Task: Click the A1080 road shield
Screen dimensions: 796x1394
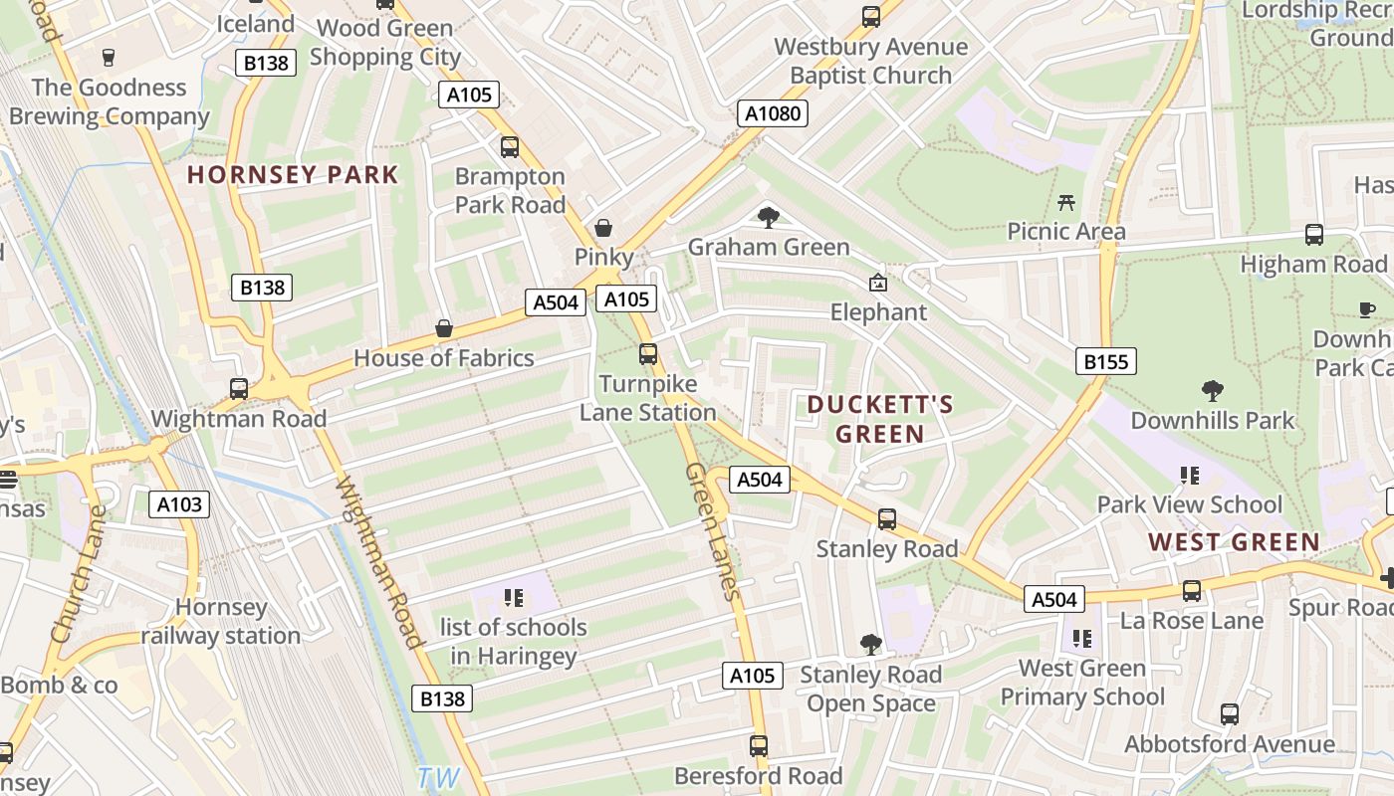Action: pos(773,113)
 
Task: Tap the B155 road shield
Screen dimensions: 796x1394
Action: pos(1105,361)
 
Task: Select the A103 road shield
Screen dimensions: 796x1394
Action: pos(180,504)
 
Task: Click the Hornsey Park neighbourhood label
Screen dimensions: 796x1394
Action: pos(293,175)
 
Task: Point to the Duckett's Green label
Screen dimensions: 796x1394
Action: pos(880,419)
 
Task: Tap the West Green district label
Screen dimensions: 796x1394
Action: pos(1234,542)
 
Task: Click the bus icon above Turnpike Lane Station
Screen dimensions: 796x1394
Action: pos(648,353)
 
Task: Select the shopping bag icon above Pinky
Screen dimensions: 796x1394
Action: pos(602,228)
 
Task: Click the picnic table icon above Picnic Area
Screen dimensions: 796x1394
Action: pos(1066,203)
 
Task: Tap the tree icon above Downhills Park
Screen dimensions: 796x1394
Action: pos(1212,390)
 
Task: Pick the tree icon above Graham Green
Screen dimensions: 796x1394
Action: pos(768,217)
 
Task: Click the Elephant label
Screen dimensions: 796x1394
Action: pos(878,311)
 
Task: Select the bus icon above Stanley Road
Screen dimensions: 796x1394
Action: pos(886,518)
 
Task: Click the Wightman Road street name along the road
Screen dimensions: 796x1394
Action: pos(379,562)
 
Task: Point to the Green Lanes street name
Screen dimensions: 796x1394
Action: pos(713,531)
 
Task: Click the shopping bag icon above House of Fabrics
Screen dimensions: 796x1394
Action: pos(444,328)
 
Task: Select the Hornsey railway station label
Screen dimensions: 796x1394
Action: pos(221,621)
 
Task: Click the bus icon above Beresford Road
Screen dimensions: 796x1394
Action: pos(759,745)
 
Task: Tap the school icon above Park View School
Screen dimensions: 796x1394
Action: pos(1188,476)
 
